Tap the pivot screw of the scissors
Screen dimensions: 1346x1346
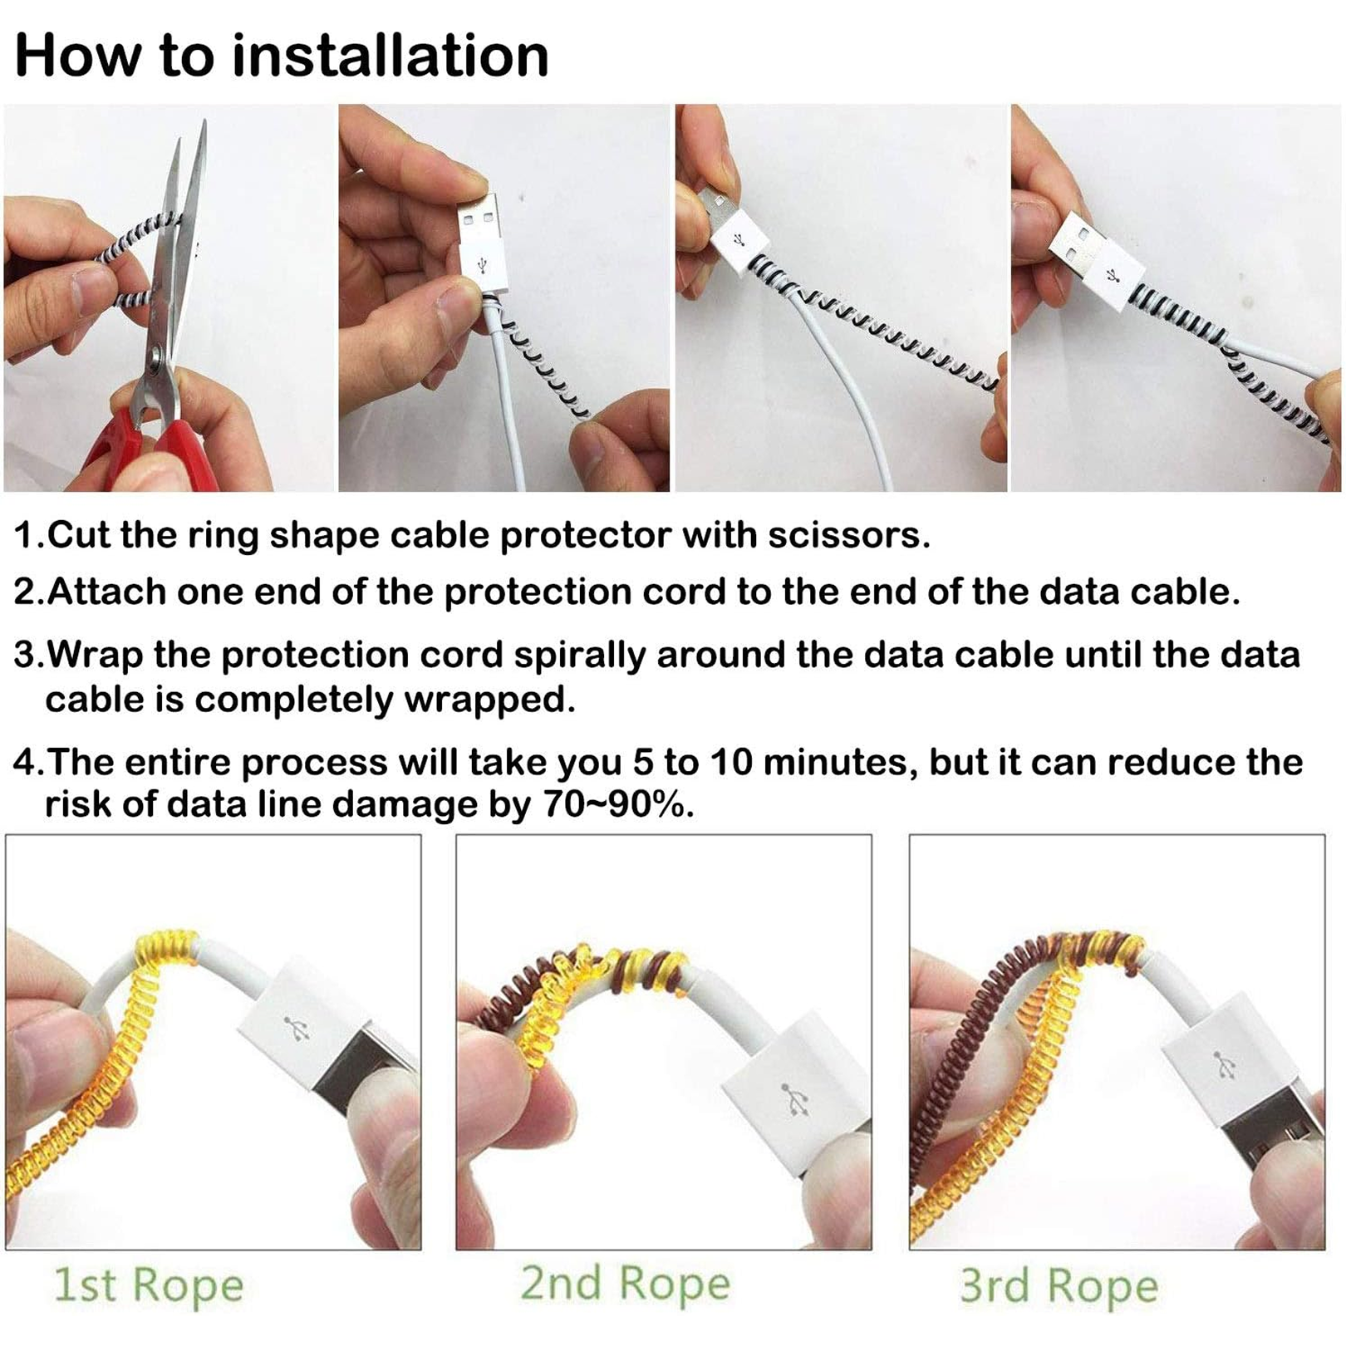pos(155,359)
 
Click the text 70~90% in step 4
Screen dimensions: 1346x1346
pos(618,804)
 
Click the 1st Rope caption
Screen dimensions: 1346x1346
pos(148,1285)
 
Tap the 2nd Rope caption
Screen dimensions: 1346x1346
pos(625,1284)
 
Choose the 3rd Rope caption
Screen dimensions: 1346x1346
pos(1059,1285)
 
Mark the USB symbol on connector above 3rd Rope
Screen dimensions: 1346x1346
pos(1225,1065)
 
